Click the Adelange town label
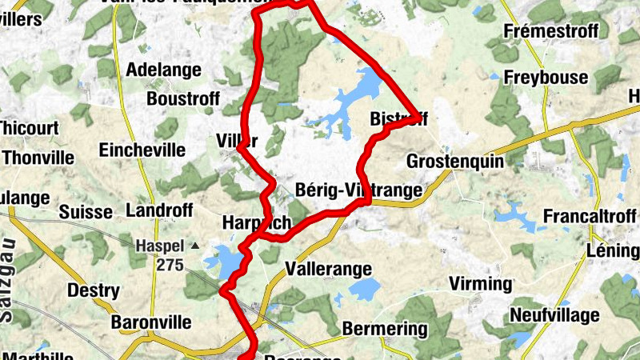(164, 70)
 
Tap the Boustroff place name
(178, 99)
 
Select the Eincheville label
(142, 150)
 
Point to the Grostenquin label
(455, 161)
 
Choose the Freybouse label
(546, 78)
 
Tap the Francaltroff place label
(590, 217)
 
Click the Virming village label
(479, 284)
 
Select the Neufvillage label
(554, 315)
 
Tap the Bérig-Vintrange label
(358, 190)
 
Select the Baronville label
(151, 322)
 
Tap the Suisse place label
(86, 212)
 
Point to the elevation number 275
(170, 265)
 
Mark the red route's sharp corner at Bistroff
(417, 116)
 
